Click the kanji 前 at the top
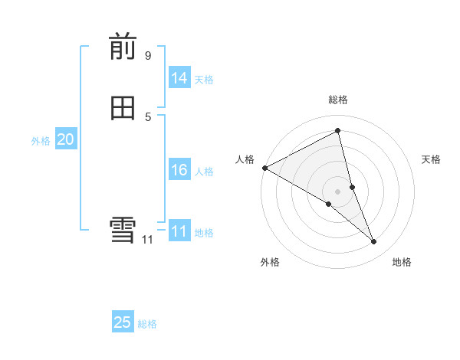point(123,47)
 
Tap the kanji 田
point(123,109)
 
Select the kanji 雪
point(123,231)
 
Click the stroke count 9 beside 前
point(148,56)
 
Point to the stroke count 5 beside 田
point(148,116)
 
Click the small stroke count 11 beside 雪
point(147,240)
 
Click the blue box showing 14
point(179,78)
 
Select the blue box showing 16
point(179,170)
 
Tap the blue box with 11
point(179,231)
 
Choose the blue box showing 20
point(65,139)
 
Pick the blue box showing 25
point(123,322)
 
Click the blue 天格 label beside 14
point(204,80)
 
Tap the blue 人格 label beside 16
point(204,172)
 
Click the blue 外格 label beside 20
point(41,141)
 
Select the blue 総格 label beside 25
point(147,324)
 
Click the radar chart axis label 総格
point(338,100)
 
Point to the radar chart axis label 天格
point(432,159)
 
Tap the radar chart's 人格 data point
point(264,168)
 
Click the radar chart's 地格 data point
point(374,241)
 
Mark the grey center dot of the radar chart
point(338,191)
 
